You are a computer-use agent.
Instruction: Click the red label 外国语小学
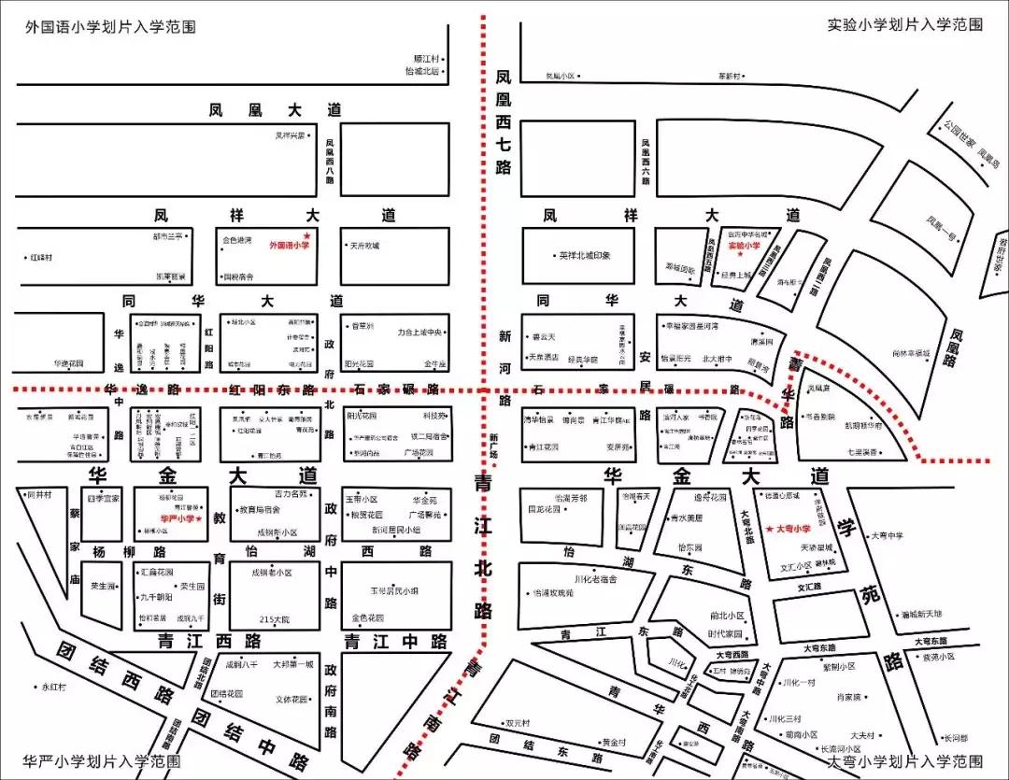click(x=289, y=246)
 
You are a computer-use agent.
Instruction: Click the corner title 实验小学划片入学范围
click(x=904, y=25)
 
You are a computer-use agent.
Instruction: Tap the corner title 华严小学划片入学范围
click(x=103, y=761)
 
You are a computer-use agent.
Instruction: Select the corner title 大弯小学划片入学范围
click(x=904, y=761)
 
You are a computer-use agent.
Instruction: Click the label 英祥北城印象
click(x=584, y=256)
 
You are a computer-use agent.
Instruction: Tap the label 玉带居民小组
click(x=391, y=590)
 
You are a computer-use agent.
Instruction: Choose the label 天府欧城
click(x=364, y=246)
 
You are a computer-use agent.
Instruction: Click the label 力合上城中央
click(x=423, y=331)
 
